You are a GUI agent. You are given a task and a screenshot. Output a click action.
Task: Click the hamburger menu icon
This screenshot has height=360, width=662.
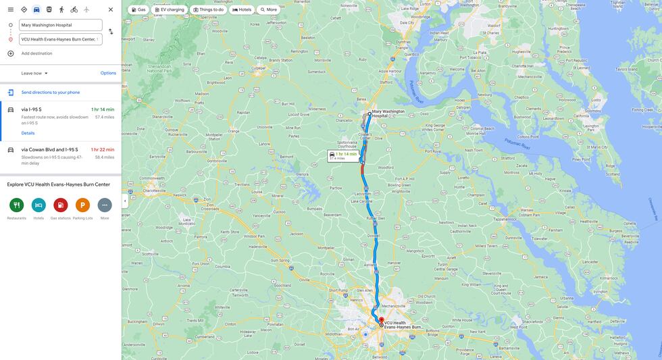[11, 9]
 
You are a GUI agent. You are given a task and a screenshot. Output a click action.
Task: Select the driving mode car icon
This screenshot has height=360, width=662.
[36, 9]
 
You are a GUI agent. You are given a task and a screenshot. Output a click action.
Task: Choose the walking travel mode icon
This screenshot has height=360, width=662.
[61, 9]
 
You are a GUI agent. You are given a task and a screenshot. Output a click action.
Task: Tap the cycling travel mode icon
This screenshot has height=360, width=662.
[74, 9]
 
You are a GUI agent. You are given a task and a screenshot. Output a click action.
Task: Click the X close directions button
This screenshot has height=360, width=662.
[111, 9]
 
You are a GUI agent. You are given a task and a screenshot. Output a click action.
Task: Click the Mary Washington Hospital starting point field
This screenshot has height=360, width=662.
[60, 25]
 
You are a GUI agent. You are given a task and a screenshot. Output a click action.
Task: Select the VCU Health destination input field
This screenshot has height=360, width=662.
[60, 39]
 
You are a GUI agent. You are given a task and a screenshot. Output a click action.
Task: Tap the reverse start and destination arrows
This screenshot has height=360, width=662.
[111, 32]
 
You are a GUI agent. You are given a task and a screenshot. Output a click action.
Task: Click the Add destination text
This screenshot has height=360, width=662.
[36, 53]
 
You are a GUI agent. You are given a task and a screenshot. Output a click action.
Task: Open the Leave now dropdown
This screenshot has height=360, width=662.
[34, 73]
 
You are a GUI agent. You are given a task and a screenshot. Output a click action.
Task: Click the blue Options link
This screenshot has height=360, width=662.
[108, 73]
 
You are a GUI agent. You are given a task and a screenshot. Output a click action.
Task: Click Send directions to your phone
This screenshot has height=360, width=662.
[50, 93]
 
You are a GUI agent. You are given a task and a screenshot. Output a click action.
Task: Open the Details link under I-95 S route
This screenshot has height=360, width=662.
[28, 133]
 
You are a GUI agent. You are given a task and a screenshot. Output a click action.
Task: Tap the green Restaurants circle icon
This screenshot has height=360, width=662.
[17, 205]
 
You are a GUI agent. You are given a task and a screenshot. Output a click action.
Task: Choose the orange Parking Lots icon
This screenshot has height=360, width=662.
[82, 205]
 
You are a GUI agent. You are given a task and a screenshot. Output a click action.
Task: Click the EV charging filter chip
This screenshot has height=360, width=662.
[169, 9]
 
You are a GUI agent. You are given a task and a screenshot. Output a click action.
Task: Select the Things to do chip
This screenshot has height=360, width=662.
[208, 9]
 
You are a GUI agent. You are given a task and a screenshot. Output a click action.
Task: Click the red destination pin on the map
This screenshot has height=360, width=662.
[381, 321]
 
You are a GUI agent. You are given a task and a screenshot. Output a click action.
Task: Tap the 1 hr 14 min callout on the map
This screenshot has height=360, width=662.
[343, 155]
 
